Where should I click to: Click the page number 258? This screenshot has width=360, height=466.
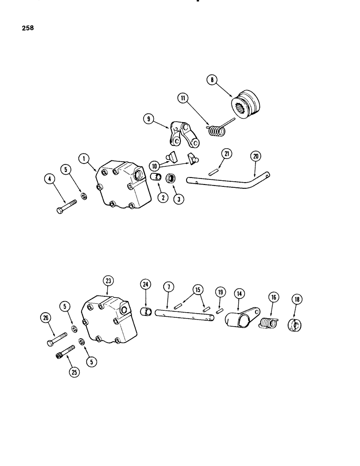click(x=27, y=27)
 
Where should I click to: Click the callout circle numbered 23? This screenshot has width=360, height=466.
click(x=108, y=281)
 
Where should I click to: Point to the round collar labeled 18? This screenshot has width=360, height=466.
click(x=296, y=325)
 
